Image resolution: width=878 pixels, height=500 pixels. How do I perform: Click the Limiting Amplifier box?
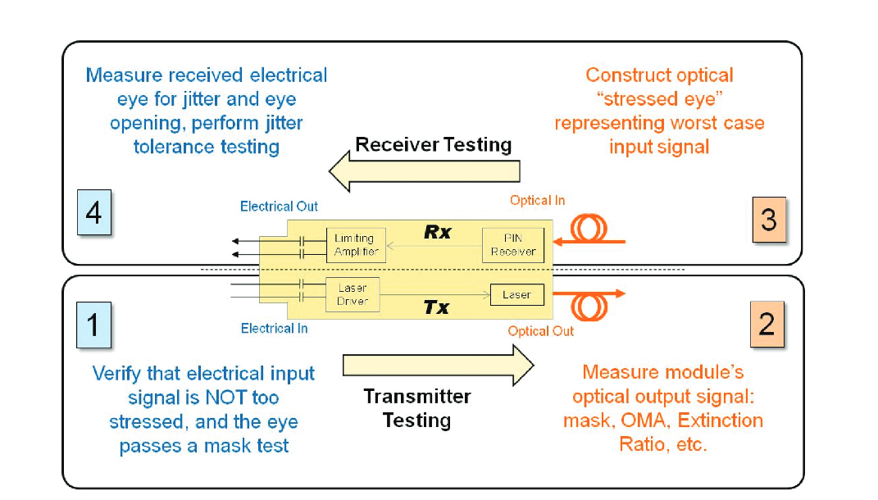pos(356,245)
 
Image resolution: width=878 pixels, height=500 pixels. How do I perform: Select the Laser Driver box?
pos(353,294)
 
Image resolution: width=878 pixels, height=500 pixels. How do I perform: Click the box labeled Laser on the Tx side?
pos(516,295)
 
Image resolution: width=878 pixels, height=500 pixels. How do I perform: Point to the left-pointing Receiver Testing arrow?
pos(424,170)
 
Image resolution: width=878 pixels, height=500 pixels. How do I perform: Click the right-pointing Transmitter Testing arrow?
pos(438,365)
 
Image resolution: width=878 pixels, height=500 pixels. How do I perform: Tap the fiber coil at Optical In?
pos(588,230)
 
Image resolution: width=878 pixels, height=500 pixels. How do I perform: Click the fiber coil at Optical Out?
pos(589,306)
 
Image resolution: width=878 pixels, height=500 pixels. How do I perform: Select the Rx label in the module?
pos(437,232)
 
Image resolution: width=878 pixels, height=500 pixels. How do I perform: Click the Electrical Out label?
pos(279,207)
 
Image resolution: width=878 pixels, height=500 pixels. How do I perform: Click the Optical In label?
pos(537,201)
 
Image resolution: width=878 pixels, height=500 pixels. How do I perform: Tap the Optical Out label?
pos(540,331)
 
